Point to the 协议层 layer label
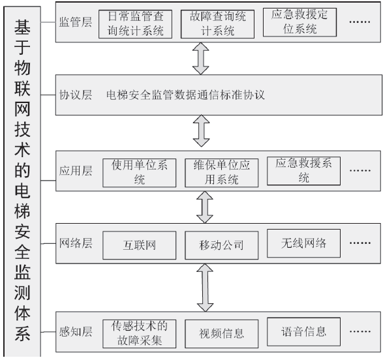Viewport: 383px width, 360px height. tap(76, 95)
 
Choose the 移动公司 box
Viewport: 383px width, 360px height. tap(221, 246)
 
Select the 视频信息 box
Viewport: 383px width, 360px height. tap(221, 334)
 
